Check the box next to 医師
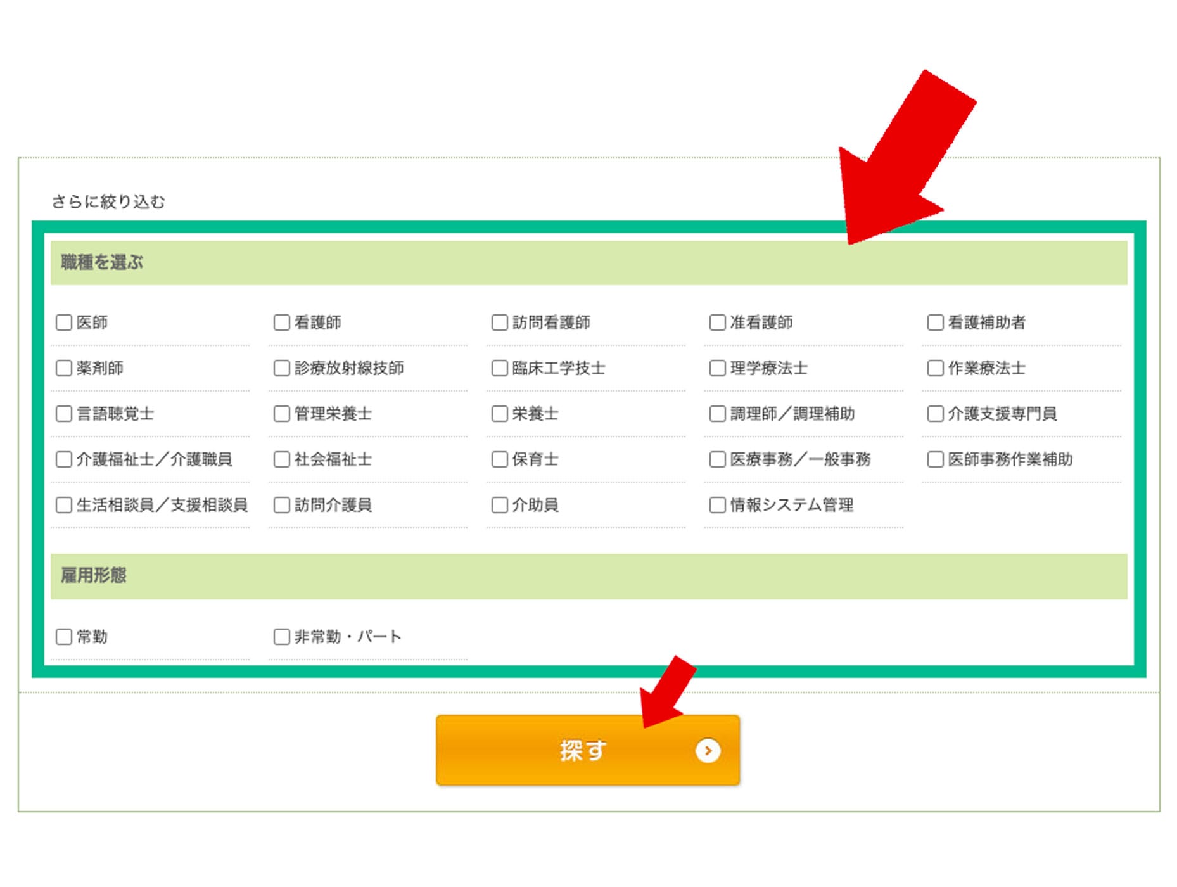(64, 322)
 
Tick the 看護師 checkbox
(282, 322)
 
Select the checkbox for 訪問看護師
(500, 322)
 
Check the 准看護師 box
(718, 322)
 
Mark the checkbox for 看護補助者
(936, 322)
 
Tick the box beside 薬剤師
(64, 368)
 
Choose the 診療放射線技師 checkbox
(282, 368)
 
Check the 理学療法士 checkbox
(718, 368)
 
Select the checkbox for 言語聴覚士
(64, 414)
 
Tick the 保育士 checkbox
(500, 459)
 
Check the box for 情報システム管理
(718, 505)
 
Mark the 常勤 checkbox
(64, 637)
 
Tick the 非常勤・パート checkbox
(282, 637)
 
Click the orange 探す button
(588, 751)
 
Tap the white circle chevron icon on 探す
(708, 751)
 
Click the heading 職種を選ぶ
(102, 262)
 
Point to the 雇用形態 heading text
(94, 575)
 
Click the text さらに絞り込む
(108, 201)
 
